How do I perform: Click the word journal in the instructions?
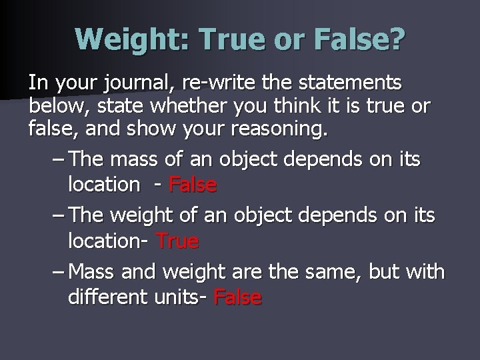[129, 83]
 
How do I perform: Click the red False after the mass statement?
[193, 184]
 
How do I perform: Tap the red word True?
[177, 241]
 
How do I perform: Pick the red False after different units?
[238, 297]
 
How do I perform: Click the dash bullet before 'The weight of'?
[57, 216]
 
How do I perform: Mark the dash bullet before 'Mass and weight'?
[57, 273]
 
